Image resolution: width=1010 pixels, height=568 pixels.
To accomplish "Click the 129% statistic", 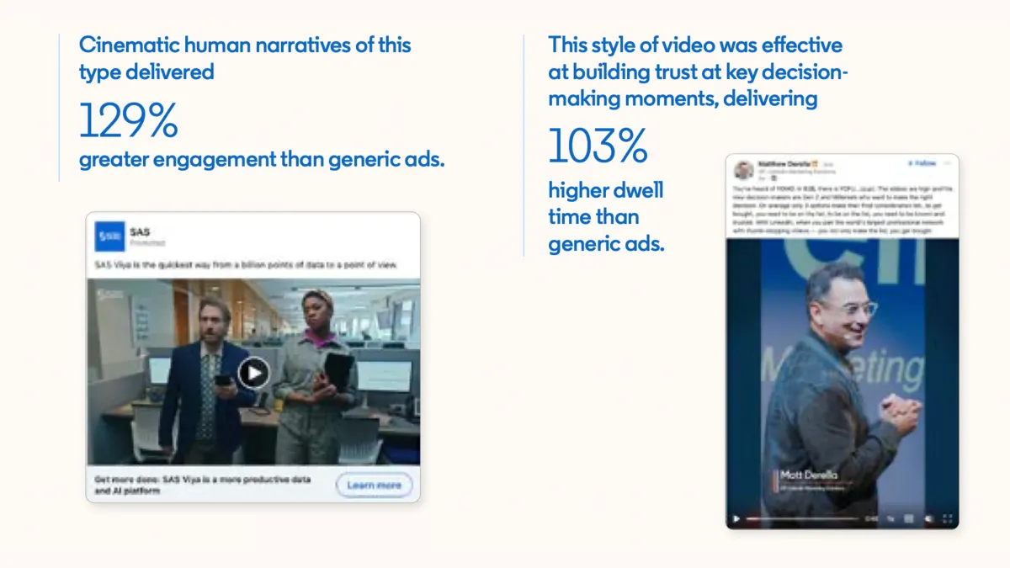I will pos(128,120).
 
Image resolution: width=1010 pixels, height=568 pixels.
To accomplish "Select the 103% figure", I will pos(598,146).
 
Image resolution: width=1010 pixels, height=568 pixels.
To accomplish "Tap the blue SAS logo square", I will pos(109,237).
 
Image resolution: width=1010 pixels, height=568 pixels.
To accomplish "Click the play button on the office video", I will pos(253,372).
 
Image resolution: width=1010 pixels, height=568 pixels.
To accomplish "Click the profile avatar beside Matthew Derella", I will pos(743,169).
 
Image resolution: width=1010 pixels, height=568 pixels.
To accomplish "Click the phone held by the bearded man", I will pos(221,380).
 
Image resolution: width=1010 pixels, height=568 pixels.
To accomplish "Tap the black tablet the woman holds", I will pos(338,372).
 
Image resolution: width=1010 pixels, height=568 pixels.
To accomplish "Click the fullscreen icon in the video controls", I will pos(947,519).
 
